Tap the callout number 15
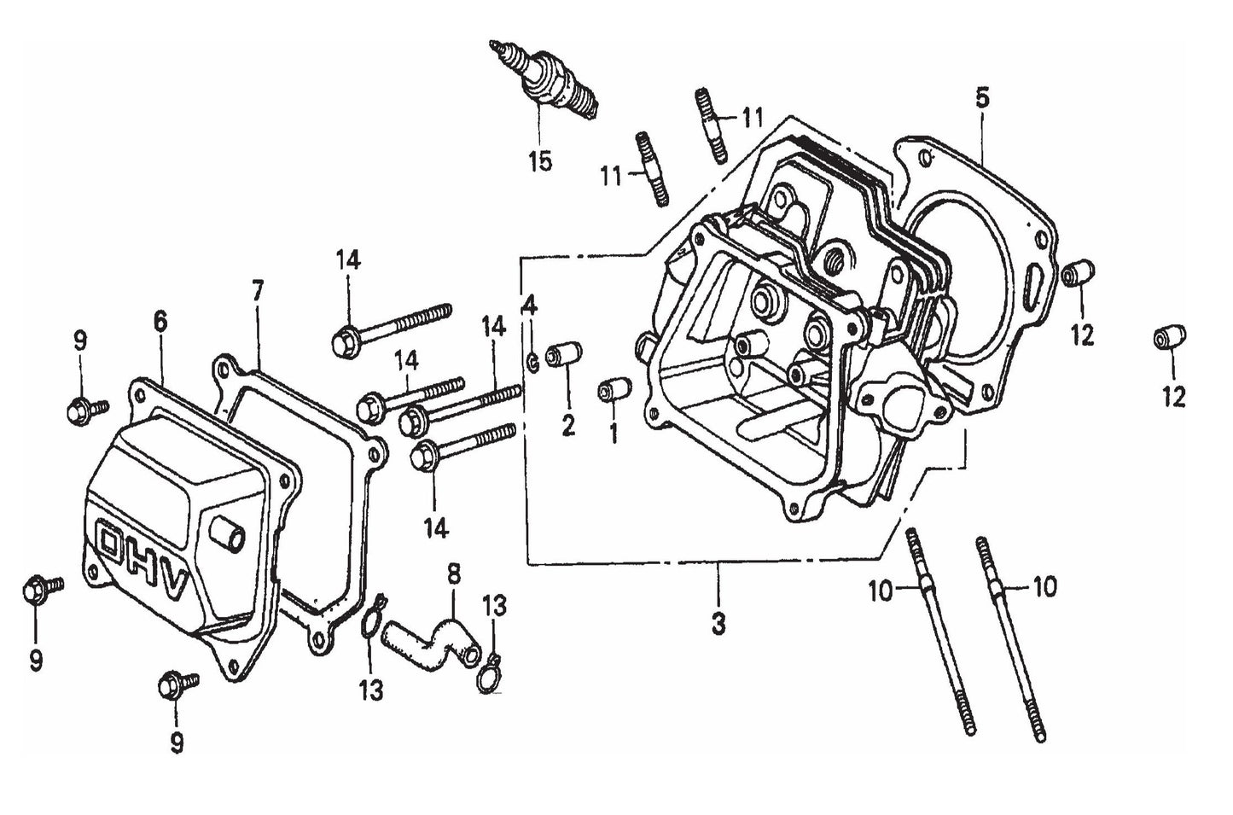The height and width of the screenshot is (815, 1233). pyautogui.click(x=540, y=160)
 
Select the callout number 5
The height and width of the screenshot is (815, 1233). pyautogui.click(x=982, y=99)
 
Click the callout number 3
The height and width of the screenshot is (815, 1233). pyautogui.click(x=718, y=623)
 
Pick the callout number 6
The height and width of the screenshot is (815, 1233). pyautogui.click(x=161, y=322)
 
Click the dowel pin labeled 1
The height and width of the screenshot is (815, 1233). pyautogui.click(x=614, y=389)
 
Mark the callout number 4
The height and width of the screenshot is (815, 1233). pyautogui.click(x=529, y=305)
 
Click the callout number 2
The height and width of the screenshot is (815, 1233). pyautogui.click(x=567, y=423)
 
